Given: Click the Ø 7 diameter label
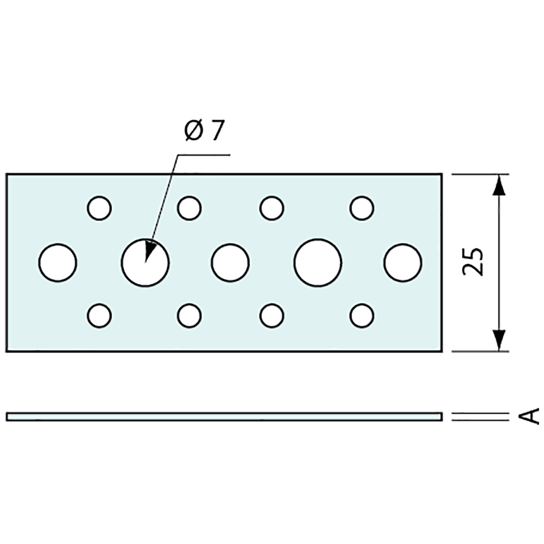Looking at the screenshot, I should coord(204,132).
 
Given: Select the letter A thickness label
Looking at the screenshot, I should coord(530,416).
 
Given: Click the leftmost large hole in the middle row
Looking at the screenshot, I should coord(58,262).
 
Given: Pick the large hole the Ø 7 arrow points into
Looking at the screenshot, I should coord(145,263).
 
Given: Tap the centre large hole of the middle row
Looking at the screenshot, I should coord(230,262).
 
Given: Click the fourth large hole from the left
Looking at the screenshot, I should coord(317,262).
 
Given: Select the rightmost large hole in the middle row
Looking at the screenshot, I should coord(403,262).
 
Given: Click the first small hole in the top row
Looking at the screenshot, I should coord(99,208).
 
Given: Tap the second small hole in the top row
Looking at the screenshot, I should coord(189,208).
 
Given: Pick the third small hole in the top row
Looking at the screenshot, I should coord(272,208).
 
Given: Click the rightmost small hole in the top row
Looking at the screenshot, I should coord(362,208).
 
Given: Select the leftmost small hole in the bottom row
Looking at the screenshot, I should coord(99,315).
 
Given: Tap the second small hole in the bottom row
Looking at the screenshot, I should coord(189,315).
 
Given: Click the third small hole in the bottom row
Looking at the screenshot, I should coord(272,315).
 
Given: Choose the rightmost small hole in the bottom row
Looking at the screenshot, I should coord(362,315).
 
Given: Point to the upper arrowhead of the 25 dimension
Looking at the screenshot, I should coord(499,185).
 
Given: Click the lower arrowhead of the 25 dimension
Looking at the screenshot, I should coord(499,340).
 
